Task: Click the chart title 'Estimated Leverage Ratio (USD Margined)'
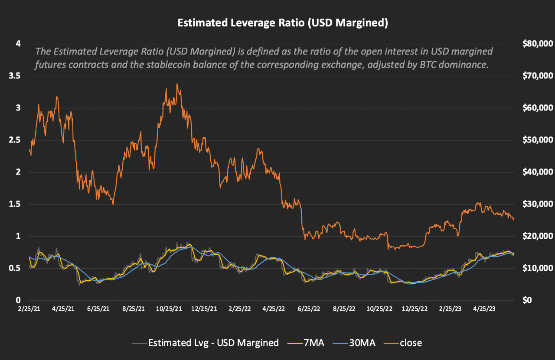[x=282, y=23]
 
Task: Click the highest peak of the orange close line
[x=177, y=84]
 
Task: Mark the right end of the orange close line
[x=514, y=219]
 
